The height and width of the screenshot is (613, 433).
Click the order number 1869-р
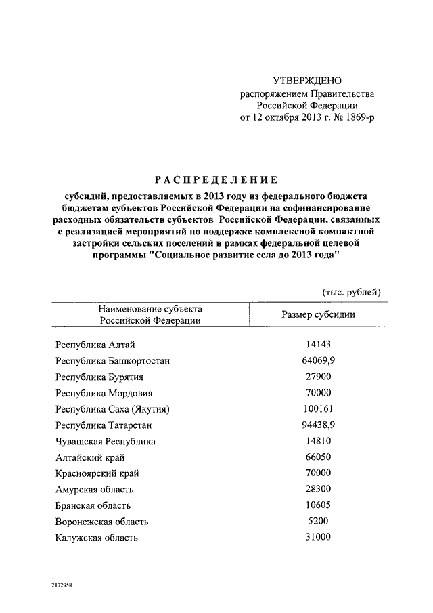point(356,117)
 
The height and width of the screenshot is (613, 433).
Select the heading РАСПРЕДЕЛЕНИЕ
point(216,179)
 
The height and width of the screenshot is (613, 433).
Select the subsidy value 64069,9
point(317,361)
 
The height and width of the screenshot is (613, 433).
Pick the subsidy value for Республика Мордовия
point(317,393)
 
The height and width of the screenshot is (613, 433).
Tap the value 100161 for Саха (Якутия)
point(317,409)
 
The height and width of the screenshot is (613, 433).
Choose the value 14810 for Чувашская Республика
point(317,441)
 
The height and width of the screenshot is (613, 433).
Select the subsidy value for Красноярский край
point(317,473)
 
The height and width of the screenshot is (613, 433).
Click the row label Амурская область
point(95,489)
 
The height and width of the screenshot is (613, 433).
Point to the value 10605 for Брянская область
point(317,505)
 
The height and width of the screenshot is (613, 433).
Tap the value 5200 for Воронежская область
point(317,521)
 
